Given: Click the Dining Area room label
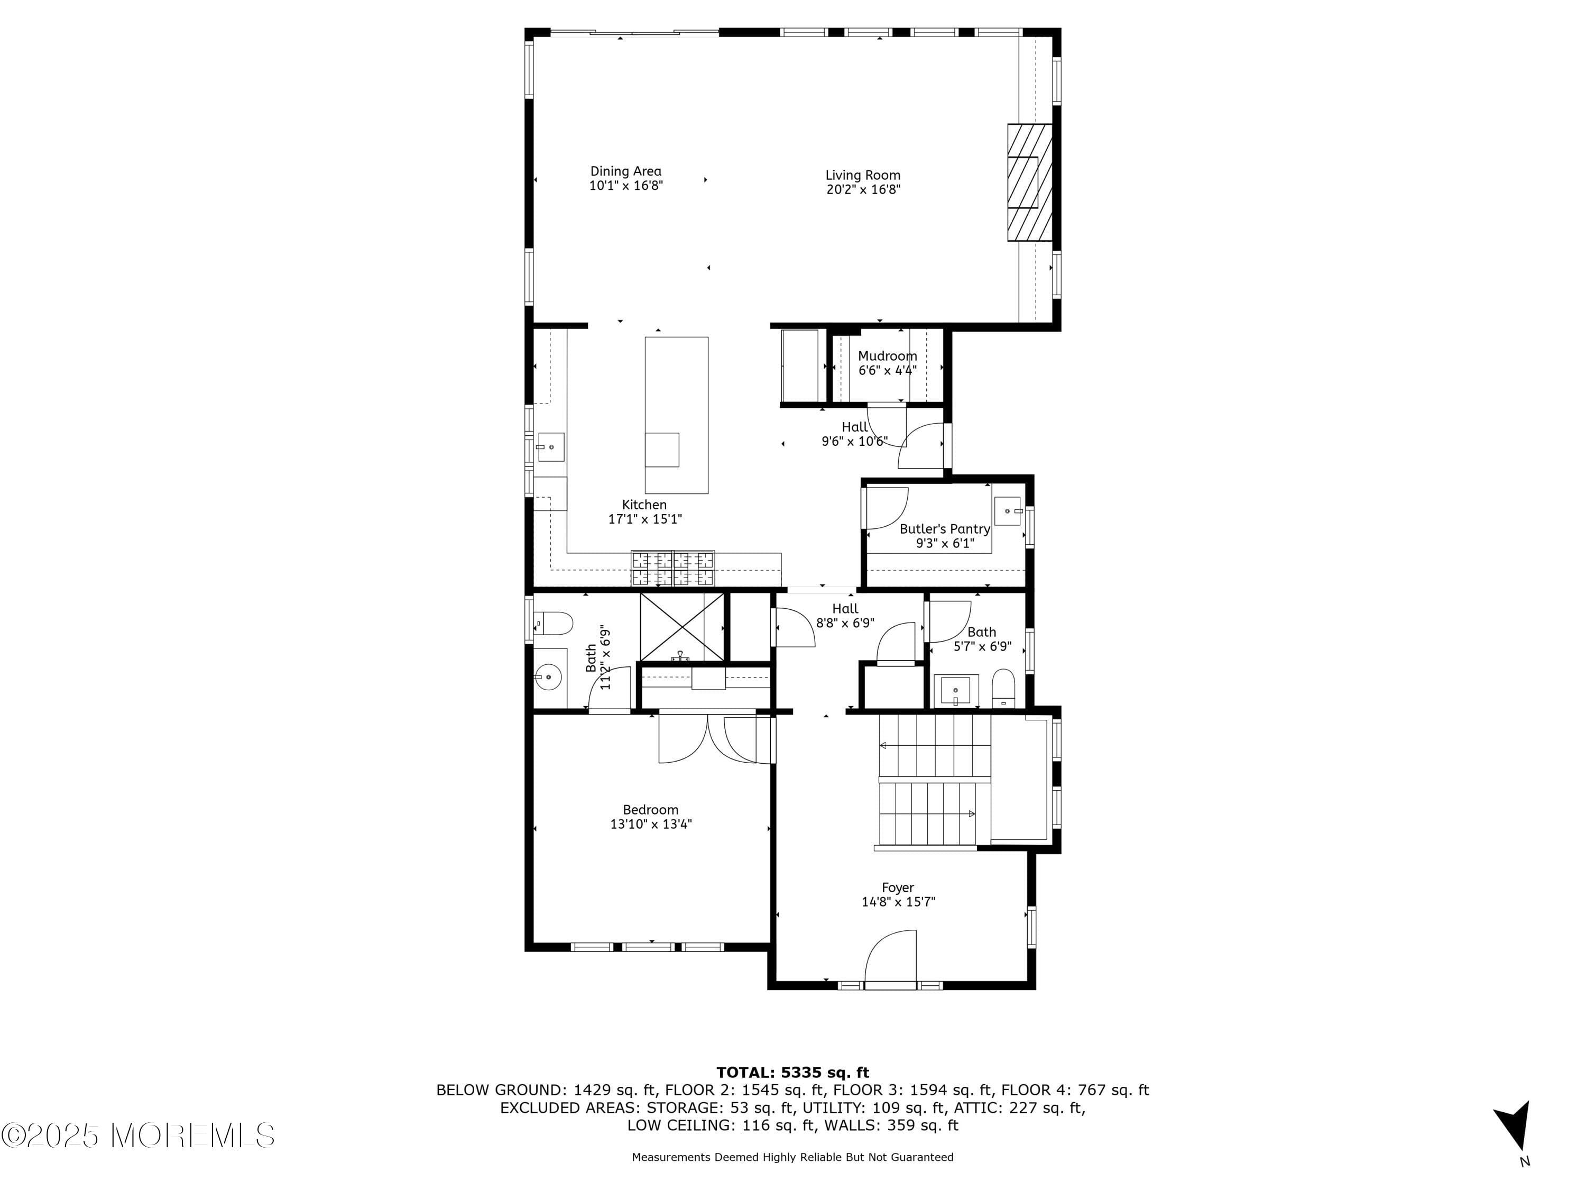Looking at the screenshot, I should (x=625, y=171).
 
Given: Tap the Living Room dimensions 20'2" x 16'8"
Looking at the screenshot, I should (x=863, y=189).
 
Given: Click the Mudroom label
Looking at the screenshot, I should (x=887, y=356).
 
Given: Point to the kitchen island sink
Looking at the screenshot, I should (x=662, y=450).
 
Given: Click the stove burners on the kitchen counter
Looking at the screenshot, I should (x=672, y=568).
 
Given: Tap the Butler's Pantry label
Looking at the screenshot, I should (x=944, y=529).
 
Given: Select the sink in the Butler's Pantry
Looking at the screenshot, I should (x=1008, y=511).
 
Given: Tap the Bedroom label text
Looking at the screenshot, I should (x=650, y=810).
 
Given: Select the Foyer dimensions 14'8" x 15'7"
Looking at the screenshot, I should (x=898, y=902).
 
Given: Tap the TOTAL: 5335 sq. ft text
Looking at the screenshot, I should (x=792, y=1073).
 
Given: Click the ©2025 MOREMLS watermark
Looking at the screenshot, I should (x=137, y=1136).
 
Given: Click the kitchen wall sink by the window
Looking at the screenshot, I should (x=551, y=447).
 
